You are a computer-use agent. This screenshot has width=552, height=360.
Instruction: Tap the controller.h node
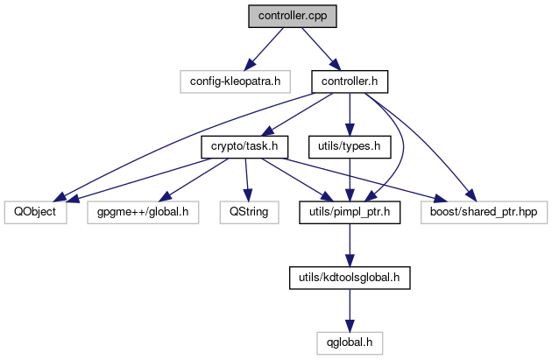(x=350, y=81)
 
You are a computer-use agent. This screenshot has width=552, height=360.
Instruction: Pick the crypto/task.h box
(x=245, y=145)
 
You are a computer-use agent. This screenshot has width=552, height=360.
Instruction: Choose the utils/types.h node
(x=349, y=145)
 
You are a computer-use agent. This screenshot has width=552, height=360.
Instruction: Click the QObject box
(x=35, y=211)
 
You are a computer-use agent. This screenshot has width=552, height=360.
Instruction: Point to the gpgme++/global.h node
(x=143, y=211)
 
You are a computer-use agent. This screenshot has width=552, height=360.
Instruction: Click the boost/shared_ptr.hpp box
(x=484, y=211)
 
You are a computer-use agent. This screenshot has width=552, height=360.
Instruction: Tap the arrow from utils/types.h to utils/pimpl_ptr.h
(x=349, y=179)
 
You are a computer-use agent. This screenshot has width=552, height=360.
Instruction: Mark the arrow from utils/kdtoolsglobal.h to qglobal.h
(x=349, y=310)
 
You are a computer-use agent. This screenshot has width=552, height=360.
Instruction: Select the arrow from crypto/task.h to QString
(x=246, y=179)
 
